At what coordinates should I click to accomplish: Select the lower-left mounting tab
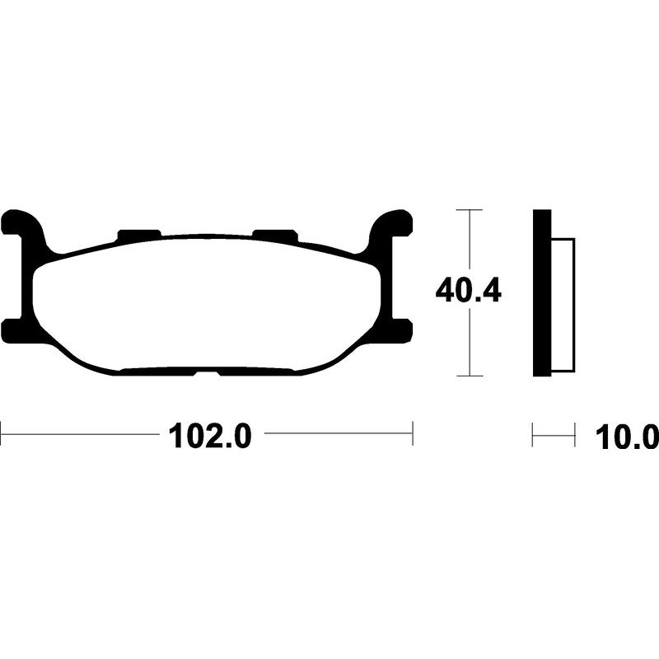coord(16,331)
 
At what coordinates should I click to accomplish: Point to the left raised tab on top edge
coord(139,234)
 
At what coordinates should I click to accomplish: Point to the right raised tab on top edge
coord(275,234)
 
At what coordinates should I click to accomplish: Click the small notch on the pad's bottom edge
coord(208,373)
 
